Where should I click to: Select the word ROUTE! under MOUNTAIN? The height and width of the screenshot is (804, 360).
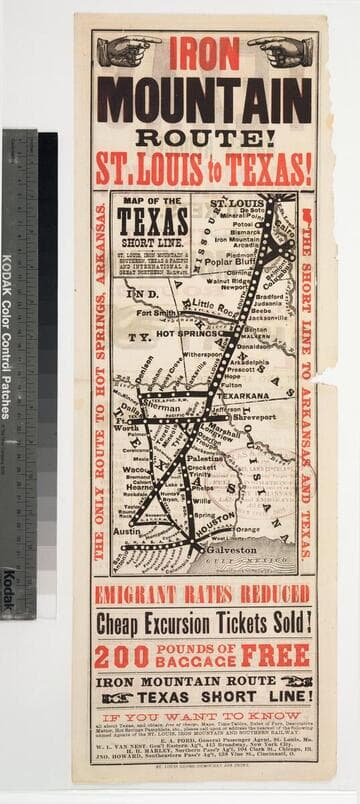(x=203, y=136)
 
